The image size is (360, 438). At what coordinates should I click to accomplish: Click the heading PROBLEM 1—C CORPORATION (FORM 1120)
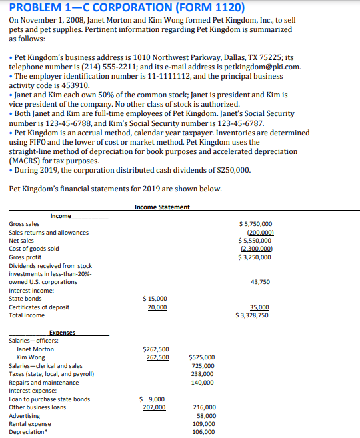127,9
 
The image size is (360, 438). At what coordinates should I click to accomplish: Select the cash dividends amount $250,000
231,170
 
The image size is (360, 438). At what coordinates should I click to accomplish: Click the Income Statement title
162,207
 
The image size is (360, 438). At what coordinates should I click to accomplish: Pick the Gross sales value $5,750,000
255,224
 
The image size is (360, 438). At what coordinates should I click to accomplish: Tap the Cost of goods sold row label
33,249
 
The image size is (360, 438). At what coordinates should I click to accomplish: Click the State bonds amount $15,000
155,299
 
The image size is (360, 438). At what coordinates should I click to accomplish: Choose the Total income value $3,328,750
252,315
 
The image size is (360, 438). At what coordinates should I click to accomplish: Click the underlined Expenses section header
62,332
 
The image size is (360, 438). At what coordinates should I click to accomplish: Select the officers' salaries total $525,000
202,357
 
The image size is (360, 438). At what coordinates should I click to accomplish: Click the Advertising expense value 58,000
205,415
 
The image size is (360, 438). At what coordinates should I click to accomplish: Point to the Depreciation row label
28,432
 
